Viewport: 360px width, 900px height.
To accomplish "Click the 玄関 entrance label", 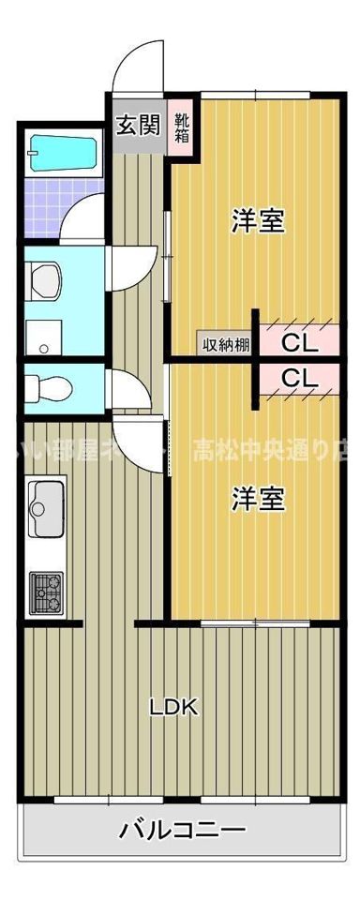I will pos(137,125).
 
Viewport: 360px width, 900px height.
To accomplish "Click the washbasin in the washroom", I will pos(44,279).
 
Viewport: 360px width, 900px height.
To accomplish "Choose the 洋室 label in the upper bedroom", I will pos(258,222).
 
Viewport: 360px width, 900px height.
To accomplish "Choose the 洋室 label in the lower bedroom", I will pos(258,500).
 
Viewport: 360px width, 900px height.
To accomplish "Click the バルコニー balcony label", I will pos(184,830).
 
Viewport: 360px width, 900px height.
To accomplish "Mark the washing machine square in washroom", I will pos(42,336).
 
